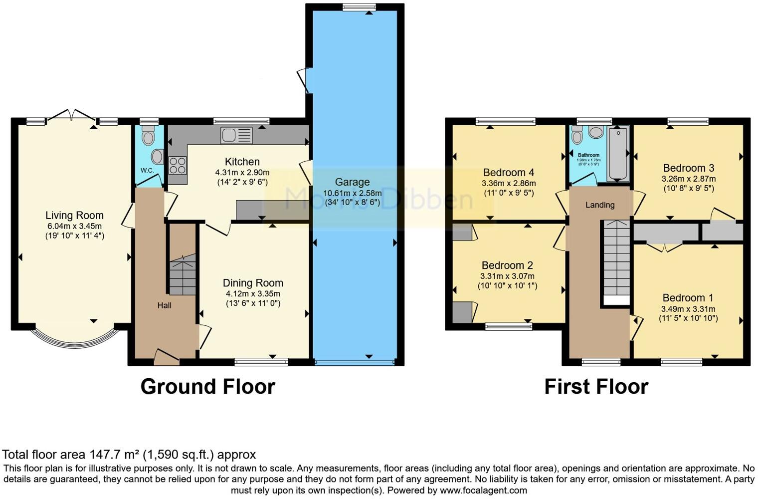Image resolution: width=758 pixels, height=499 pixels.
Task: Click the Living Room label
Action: click(x=74, y=216)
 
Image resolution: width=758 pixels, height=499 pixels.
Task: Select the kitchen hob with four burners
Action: click(x=178, y=165)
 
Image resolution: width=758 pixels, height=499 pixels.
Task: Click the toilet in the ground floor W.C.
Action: click(x=148, y=135)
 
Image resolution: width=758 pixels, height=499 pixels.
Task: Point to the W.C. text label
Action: click(x=147, y=171)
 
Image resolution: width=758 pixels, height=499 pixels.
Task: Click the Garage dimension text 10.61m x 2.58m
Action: click(x=352, y=193)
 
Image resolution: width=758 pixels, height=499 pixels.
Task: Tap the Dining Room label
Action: click(x=253, y=283)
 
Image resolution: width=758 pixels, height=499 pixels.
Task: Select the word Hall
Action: click(x=164, y=305)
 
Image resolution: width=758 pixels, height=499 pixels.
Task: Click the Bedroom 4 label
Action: click(x=509, y=173)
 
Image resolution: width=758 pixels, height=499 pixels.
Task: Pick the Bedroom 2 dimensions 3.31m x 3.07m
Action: click(x=507, y=276)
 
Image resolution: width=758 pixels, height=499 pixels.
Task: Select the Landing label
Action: click(x=600, y=205)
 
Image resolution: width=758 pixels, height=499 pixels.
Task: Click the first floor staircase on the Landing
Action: click(x=616, y=262)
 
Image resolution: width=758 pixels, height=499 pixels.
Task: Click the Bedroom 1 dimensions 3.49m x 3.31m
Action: click(x=688, y=309)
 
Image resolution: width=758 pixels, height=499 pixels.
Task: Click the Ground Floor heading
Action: click(x=207, y=387)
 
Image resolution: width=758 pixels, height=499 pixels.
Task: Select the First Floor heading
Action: click(x=596, y=387)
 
